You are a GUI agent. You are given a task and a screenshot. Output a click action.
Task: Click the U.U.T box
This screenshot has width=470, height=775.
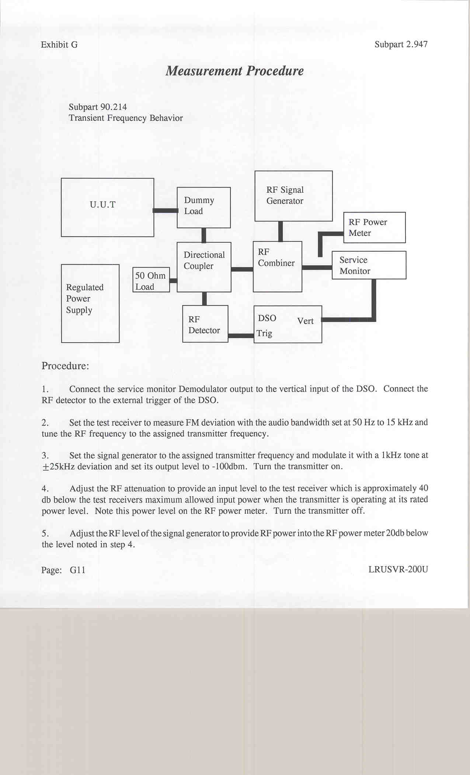(x=107, y=207)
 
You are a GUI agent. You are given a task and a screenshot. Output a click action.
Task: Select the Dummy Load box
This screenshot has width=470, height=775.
(x=203, y=207)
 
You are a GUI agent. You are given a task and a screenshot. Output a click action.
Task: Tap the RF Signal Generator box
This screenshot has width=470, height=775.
(x=293, y=196)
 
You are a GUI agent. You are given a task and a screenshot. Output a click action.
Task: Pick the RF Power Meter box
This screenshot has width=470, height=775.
(x=374, y=227)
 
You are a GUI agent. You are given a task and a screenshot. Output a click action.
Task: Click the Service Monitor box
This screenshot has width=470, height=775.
(x=369, y=265)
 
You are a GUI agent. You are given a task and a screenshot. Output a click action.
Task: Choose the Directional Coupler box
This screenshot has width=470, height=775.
(x=204, y=267)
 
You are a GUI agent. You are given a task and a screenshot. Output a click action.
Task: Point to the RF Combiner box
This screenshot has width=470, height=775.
(x=277, y=266)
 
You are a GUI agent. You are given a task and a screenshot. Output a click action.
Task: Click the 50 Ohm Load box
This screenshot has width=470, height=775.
(x=151, y=280)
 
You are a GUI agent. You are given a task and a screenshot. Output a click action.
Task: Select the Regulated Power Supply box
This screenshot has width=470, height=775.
(x=90, y=303)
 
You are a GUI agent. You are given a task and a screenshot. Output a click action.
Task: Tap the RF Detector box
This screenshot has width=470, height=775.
(x=205, y=324)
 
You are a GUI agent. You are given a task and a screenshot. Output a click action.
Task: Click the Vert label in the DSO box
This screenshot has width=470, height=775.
(x=305, y=321)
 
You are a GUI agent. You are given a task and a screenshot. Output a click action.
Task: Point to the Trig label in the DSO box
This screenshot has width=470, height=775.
(x=264, y=333)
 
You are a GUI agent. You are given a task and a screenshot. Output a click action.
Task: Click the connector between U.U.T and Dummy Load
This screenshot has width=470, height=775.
(x=166, y=210)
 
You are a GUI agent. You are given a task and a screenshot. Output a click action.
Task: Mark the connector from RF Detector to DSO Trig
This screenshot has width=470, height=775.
(x=241, y=335)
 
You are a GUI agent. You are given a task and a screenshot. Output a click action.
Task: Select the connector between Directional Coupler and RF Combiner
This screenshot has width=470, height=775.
(x=242, y=269)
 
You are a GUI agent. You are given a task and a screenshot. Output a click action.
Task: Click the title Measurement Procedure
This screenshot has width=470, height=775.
(x=234, y=71)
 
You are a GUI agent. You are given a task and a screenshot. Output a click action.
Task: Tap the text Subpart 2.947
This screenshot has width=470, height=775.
(x=401, y=44)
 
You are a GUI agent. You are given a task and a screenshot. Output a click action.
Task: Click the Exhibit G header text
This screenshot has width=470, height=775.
(x=59, y=45)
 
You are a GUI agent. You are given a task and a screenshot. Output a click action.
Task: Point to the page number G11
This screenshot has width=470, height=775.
(x=77, y=570)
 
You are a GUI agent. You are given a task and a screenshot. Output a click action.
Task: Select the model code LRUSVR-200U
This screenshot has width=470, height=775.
(x=398, y=569)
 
